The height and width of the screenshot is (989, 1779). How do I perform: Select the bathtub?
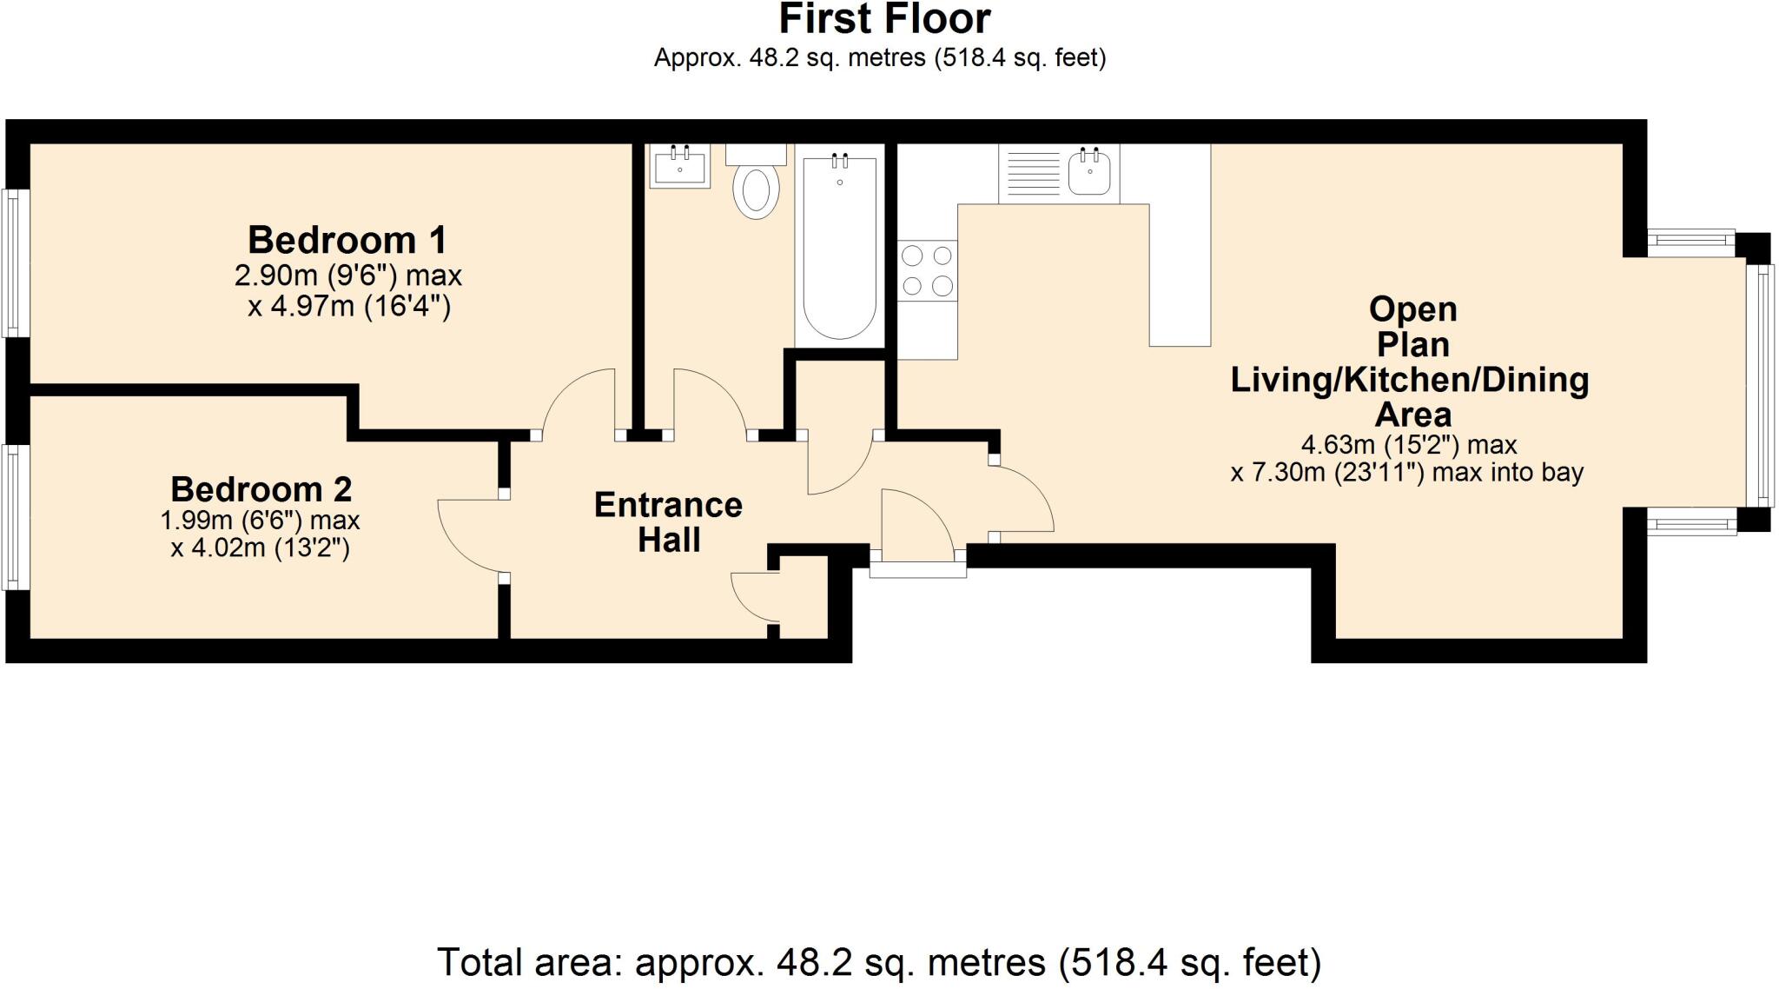pyautogui.click(x=839, y=248)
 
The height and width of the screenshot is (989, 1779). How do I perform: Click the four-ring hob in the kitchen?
pyautogui.click(x=927, y=270)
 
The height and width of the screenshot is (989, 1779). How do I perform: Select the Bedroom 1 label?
pyautogui.click(x=347, y=239)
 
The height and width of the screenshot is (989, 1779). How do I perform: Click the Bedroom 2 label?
pyautogui.click(x=261, y=489)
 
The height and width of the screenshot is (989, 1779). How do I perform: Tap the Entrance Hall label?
pyautogui.click(x=668, y=521)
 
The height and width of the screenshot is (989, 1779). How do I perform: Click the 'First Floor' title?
pyautogui.click(x=884, y=19)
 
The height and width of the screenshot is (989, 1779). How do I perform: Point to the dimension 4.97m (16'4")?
pyautogui.click(x=349, y=307)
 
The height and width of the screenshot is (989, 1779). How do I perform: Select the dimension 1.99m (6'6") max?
pyautogui.click(x=260, y=521)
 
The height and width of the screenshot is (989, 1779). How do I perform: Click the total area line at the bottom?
pyautogui.click(x=878, y=962)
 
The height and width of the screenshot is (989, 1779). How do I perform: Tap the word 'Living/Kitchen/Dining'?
pyautogui.click(x=1409, y=380)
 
